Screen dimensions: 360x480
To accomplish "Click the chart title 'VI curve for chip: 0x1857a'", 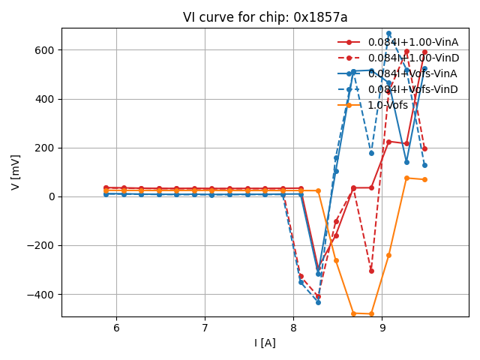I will coord(265,17).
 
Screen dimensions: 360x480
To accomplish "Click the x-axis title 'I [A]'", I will coord(265,343).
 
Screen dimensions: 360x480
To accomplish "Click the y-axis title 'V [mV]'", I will coord(16,172).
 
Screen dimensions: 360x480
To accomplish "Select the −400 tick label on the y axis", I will coord(42,294).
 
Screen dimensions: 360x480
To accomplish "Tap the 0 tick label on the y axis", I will coord(52,196).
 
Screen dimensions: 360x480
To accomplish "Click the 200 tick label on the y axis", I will coord(46,148).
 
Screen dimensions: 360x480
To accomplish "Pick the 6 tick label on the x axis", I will coord(116,328).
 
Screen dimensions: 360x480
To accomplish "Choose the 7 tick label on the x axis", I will coord(205,328).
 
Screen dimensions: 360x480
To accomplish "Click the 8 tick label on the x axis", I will coord(293,328).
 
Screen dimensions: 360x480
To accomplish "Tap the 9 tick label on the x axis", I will coord(382,328).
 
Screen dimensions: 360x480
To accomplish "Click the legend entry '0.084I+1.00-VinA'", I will coord(412,42).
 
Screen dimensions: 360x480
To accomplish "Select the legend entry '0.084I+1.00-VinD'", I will coord(412,58).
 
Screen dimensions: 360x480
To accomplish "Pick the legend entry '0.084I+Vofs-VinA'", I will coord(412,73).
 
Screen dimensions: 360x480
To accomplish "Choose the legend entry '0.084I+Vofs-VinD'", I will coord(412,89).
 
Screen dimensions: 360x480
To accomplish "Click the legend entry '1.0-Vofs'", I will coord(388,105).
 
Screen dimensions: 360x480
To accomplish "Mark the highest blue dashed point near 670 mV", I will coord(388,34).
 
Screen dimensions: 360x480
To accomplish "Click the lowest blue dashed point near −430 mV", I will coord(318,302).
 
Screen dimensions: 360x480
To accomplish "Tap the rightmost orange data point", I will coord(424,179).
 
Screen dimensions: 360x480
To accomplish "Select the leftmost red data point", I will coord(106,187).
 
